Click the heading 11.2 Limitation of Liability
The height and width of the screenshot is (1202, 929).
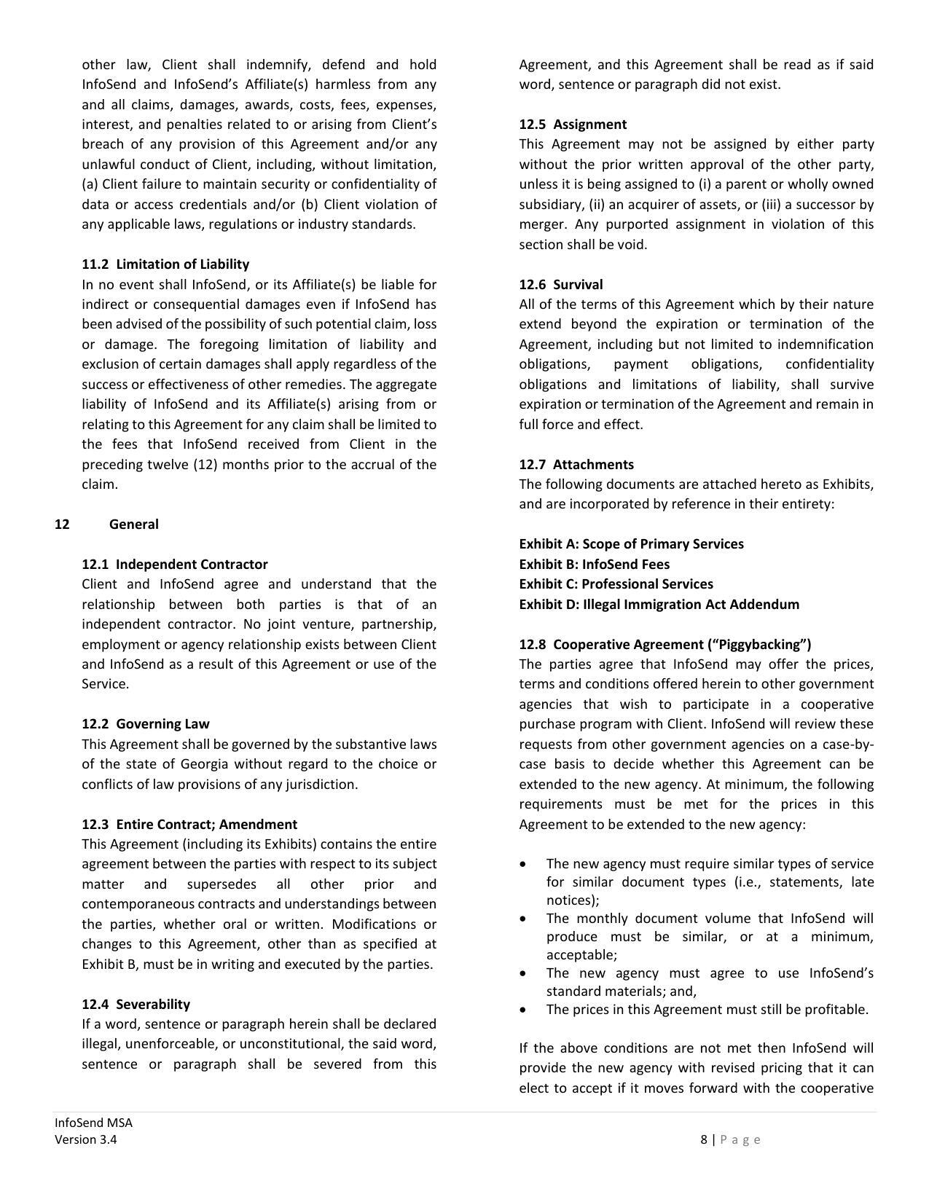point(165,264)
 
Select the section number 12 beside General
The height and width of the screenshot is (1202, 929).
point(62,525)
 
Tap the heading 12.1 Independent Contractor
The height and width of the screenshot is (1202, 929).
point(175,565)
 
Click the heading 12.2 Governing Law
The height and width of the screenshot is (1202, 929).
point(146,724)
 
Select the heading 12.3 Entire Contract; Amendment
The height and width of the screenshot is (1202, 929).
point(189,825)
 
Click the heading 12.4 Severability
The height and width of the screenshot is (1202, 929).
point(136,1005)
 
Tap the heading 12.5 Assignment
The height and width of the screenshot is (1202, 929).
point(573,125)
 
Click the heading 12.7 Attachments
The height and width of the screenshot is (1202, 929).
point(576,465)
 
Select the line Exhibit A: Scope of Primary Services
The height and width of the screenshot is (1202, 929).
point(631,544)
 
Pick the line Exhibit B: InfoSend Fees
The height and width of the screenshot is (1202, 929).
point(594,565)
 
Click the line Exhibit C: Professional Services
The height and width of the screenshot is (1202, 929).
point(616,584)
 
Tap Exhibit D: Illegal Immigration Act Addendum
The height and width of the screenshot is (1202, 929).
point(659,605)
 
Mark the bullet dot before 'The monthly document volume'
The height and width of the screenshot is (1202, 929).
point(523,919)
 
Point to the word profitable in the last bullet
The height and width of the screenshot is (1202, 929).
point(838,1010)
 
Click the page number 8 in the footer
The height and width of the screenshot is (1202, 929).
point(704,1140)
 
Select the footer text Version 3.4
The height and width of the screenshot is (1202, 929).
point(85,1140)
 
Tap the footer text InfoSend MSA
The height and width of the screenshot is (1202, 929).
point(93,1123)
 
